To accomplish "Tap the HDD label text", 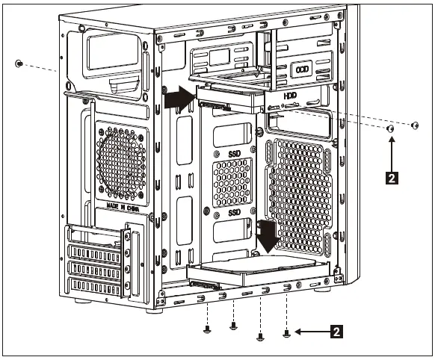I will tap(289, 96).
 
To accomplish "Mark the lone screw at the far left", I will tap(19, 63).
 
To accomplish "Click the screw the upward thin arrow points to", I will tap(390, 129).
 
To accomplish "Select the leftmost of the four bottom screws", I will tap(207, 328).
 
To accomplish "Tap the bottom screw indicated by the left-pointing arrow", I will tap(286, 332).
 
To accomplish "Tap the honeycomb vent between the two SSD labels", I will tap(232, 182).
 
